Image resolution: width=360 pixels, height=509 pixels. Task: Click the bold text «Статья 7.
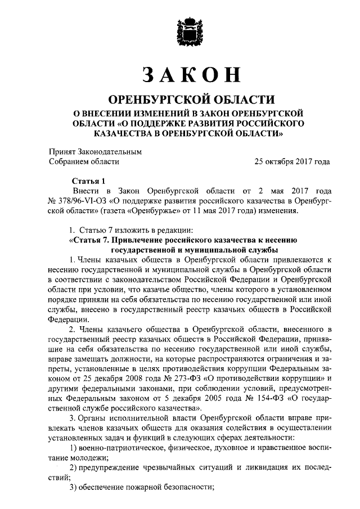click(x=92, y=240)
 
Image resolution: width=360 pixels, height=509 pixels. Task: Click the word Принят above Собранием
click(x=64, y=152)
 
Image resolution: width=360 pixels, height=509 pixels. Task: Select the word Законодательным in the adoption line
click(x=111, y=152)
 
